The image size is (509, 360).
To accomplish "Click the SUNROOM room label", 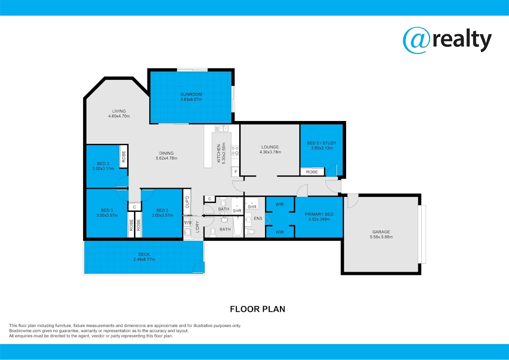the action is pyautogui.click(x=191, y=94).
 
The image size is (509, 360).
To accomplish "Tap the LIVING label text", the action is pyautogui.click(x=119, y=111).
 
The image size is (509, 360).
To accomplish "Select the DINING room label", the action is pyautogui.click(x=166, y=153).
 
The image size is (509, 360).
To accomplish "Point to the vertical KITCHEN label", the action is pyautogui.click(x=218, y=154).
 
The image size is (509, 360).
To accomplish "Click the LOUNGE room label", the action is pyautogui.click(x=270, y=147).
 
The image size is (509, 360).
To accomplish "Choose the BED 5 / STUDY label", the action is pyautogui.click(x=322, y=143).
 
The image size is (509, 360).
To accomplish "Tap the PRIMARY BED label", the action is pyautogui.click(x=319, y=214).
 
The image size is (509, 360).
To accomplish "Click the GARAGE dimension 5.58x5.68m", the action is pyautogui.click(x=381, y=237).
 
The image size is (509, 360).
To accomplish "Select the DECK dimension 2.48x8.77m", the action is pyautogui.click(x=144, y=259).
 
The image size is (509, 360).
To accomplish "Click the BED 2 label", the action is pyautogui.click(x=162, y=211).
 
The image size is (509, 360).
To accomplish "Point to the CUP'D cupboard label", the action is pyautogui.click(x=187, y=202).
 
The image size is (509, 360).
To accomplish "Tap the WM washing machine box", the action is pyautogui.click(x=187, y=222).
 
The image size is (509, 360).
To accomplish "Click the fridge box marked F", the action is pyautogui.click(x=236, y=172).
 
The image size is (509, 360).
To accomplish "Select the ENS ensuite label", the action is pyautogui.click(x=258, y=219).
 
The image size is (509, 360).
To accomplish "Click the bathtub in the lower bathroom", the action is pyautogui.click(x=238, y=226).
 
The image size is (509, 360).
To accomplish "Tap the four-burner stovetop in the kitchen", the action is pyautogui.click(x=235, y=151).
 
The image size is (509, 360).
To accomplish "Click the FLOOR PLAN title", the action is pyautogui.click(x=257, y=309).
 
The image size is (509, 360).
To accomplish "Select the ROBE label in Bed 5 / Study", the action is pyautogui.click(x=312, y=172).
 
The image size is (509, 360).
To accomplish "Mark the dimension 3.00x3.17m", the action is pyautogui.click(x=103, y=169).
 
